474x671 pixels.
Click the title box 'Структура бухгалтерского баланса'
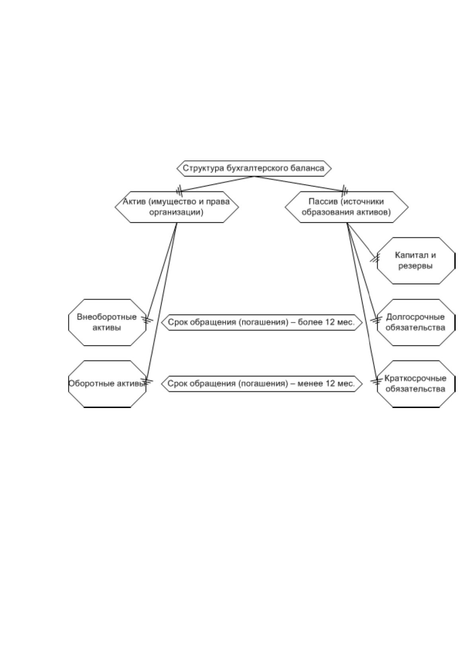(254, 168)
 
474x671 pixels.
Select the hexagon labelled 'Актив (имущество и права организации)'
(177, 207)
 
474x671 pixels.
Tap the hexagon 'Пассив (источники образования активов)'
(347, 207)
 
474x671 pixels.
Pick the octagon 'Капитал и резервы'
(416, 261)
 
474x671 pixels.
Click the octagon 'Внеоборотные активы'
(107, 322)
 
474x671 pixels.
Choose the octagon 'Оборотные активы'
(107, 384)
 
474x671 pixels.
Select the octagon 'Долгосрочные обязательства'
(416, 322)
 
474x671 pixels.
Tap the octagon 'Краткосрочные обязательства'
(416, 384)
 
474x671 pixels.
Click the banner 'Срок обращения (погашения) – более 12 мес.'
(262, 322)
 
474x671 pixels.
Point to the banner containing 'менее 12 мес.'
(262, 384)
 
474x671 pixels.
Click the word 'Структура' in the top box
(203, 168)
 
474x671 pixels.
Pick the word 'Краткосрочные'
(415, 379)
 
